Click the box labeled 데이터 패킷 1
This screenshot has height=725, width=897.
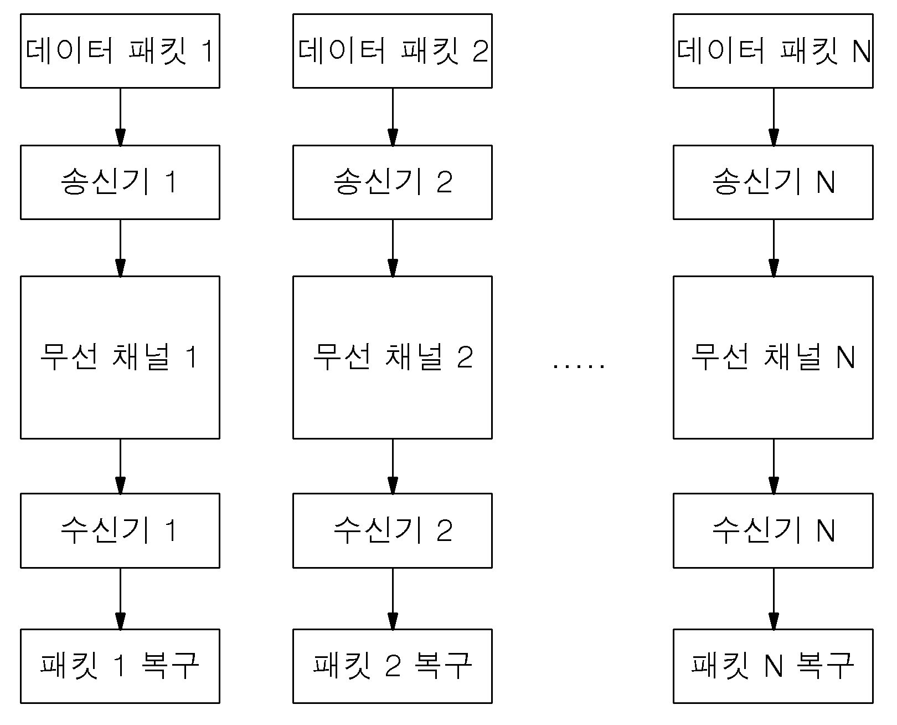(x=120, y=51)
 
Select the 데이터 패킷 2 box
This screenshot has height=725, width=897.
(x=393, y=51)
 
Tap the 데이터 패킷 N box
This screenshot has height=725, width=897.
(x=773, y=51)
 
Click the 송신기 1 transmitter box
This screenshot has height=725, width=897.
(x=120, y=182)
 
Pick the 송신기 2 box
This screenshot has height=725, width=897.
(x=393, y=182)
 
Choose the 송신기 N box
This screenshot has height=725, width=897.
(x=773, y=182)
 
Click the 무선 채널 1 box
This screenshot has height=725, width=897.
(x=120, y=358)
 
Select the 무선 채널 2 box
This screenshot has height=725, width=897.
(x=393, y=358)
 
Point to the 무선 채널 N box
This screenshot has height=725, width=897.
(x=773, y=358)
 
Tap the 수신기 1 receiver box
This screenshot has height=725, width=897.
(x=120, y=530)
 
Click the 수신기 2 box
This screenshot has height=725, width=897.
(x=393, y=530)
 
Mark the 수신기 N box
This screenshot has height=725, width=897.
(x=773, y=530)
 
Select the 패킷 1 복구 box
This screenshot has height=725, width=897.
(x=120, y=666)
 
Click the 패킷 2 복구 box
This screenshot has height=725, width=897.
(x=393, y=666)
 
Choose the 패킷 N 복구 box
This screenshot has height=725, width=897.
(x=773, y=666)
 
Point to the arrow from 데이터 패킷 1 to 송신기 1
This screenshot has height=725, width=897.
(x=121, y=117)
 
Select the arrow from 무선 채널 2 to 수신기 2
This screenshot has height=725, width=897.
(x=393, y=466)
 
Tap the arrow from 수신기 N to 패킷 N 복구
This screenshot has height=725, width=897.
(x=774, y=599)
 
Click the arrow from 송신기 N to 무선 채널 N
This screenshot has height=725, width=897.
(x=774, y=248)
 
